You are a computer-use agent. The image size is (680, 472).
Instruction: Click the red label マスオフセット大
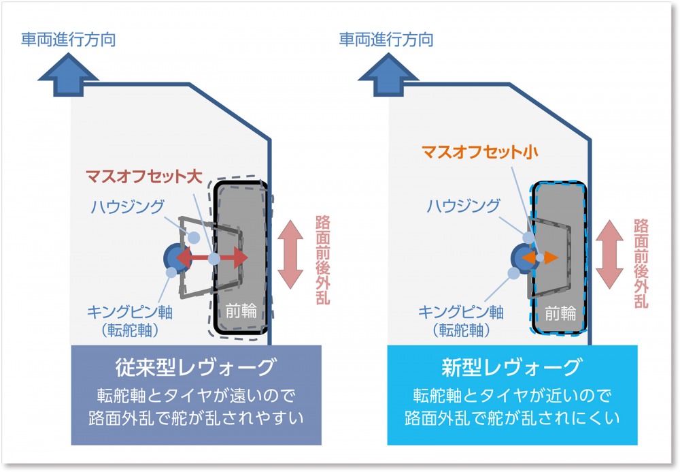(x=144, y=176)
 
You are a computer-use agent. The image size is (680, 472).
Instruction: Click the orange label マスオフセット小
(x=479, y=151)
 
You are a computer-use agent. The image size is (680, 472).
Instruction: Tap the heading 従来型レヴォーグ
(x=196, y=367)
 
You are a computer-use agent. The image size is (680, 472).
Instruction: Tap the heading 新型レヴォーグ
(x=512, y=367)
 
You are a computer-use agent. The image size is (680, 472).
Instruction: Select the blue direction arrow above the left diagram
(x=68, y=75)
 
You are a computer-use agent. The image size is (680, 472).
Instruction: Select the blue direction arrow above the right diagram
(x=388, y=75)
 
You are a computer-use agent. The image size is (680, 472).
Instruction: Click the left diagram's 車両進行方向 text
(x=69, y=40)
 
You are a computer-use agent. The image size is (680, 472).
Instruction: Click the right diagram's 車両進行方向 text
(x=386, y=40)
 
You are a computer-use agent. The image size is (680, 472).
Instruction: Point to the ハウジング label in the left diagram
(x=128, y=206)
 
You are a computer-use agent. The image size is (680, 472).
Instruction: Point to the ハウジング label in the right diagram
(x=464, y=206)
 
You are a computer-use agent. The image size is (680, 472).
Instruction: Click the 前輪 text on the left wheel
(x=241, y=311)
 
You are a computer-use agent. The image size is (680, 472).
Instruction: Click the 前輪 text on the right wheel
(x=560, y=313)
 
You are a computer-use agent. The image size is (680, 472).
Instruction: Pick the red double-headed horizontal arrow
(x=212, y=258)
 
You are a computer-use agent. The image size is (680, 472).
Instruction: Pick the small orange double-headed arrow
(x=540, y=257)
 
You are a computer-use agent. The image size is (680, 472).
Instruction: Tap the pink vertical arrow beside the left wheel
(x=290, y=255)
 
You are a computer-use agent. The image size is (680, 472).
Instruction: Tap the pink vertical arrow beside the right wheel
(x=609, y=255)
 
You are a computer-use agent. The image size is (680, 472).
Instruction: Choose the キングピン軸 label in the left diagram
(x=130, y=312)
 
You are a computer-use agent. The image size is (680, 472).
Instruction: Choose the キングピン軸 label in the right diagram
(x=461, y=312)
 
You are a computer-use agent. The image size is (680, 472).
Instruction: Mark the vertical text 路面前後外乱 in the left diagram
(x=323, y=259)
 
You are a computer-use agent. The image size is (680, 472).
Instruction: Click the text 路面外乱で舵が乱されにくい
(x=512, y=418)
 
